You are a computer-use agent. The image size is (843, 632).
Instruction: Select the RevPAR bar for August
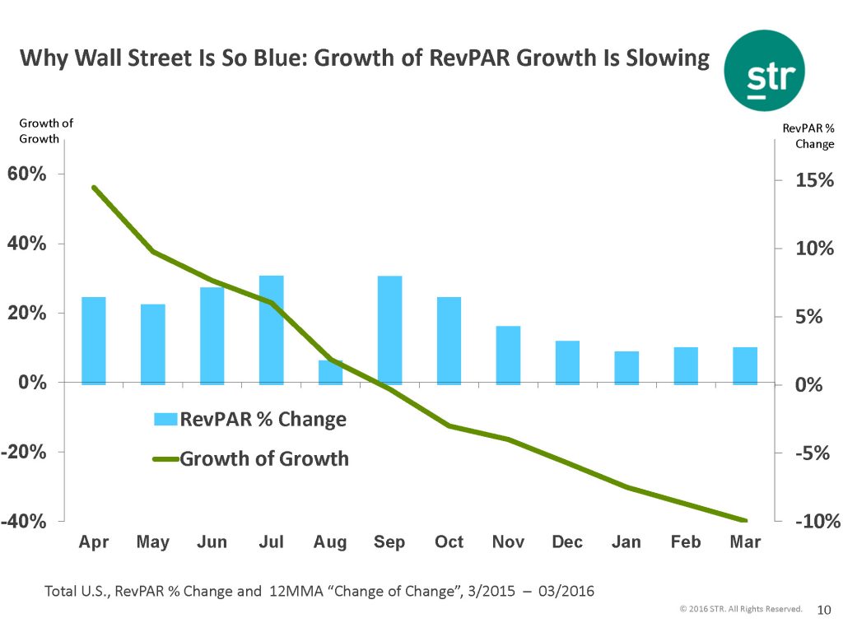(330, 372)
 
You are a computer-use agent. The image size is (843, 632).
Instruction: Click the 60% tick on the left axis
(28, 174)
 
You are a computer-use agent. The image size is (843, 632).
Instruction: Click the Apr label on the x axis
(93, 542)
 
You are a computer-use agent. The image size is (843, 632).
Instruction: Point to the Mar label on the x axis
(745, 542)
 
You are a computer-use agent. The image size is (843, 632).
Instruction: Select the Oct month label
(449, 542)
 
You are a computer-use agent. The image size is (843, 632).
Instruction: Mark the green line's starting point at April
(94, 188)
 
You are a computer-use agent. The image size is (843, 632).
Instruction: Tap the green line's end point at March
(745, 520)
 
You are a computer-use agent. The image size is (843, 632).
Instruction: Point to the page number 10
(823, 610)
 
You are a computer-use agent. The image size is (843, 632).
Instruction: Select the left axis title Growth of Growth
(46, 131)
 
